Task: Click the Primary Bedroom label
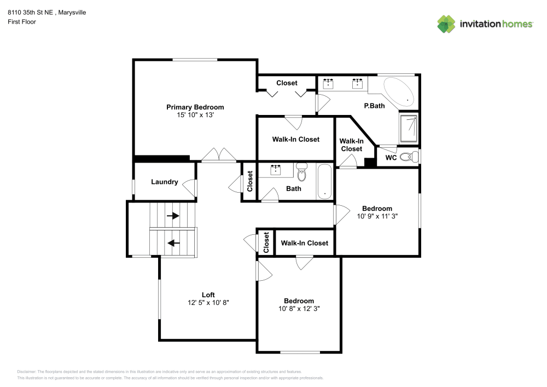click(x=195, y=107)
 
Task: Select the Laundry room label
click(x=164, y=182)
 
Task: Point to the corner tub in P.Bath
click(x=400, y=91)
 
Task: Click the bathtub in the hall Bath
click(x=325, y=181)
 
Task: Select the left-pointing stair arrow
click(x=173, y=242)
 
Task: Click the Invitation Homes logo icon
click(x=446, y=24)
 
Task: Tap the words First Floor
click(x=22, y=22)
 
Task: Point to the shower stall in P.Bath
click(x=409, y=129)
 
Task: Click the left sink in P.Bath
click(x=329, y=84)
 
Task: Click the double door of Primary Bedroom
click(x=219, y=156)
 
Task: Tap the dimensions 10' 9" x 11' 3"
click(x=377, y=216)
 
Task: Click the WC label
click(x=391, y=158)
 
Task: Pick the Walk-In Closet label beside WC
click(x=351, y=145)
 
